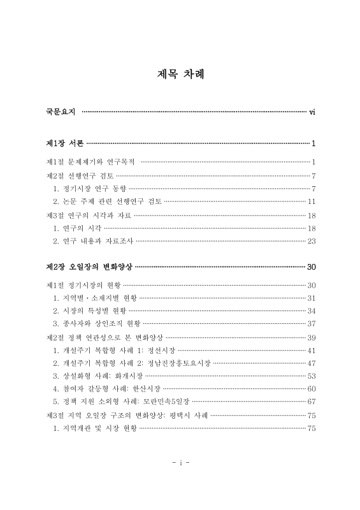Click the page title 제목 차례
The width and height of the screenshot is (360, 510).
click(x=180, y=73)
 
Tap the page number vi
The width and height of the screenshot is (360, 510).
click(x=313, y=112)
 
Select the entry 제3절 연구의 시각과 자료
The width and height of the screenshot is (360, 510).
click(x=89, y=215)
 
